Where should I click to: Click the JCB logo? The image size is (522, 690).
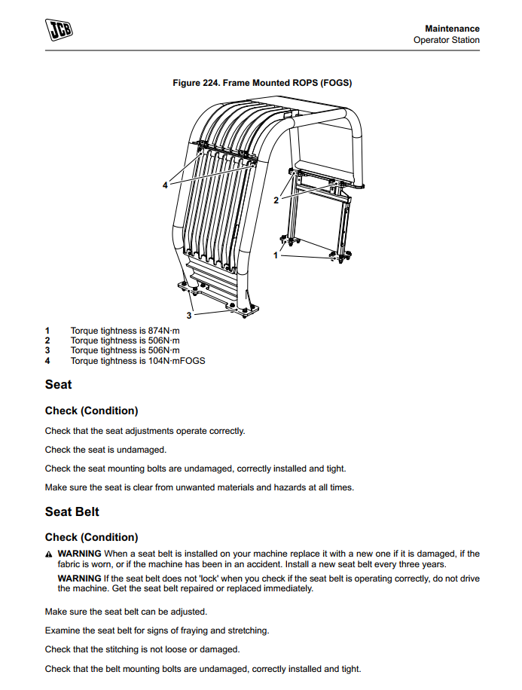point(63,29)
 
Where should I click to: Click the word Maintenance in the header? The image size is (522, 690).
point(452,29)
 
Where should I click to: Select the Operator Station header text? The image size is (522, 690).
point(446,40)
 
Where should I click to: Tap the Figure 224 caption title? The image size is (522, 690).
point(262,83)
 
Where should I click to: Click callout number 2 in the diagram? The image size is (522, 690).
point(276,200)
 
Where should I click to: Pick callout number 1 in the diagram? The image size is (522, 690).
point(275,255)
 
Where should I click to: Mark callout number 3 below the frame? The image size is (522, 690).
point(188,316)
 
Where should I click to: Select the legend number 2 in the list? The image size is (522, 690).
point(47,340)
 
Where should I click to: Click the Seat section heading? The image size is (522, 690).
point(58,385)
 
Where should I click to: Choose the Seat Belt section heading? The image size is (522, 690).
point(72,512)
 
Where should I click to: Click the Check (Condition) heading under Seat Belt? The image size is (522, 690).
point(91,537)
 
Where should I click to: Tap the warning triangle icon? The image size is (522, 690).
point(49,554)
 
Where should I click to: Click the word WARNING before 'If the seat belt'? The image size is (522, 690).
point(79,578)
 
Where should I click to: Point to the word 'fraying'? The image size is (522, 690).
point(178,630)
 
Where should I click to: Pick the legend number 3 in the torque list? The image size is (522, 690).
point(47,350)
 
